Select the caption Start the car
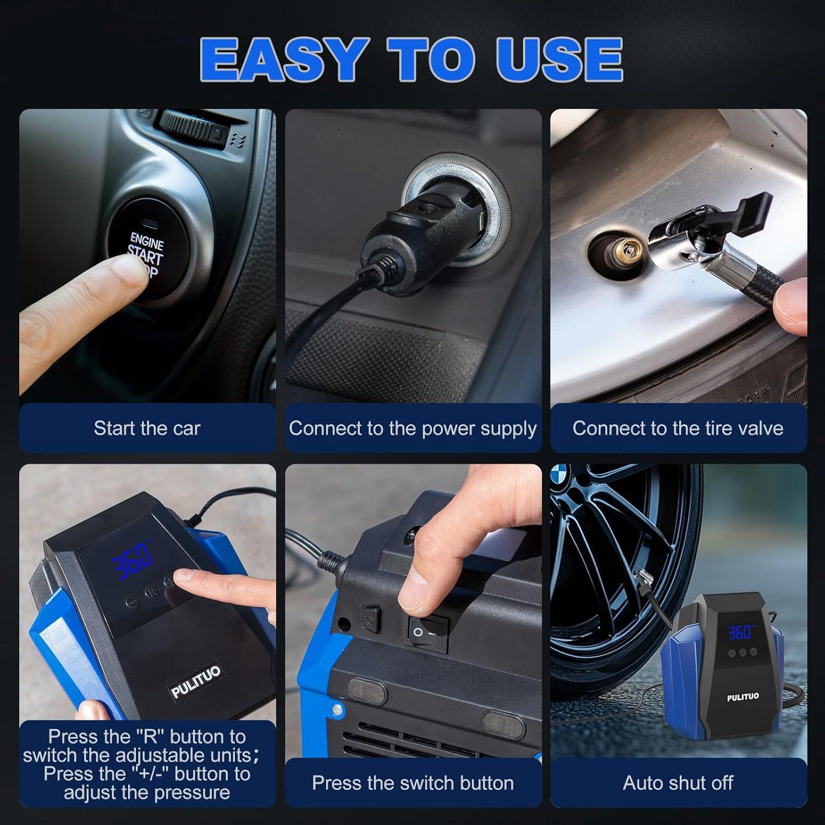147,428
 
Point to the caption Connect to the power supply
413,428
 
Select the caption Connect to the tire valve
678,428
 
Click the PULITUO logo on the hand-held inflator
195,682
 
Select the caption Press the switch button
413,783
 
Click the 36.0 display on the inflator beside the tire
740,631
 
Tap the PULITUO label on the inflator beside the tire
743,697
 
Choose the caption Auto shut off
678,783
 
